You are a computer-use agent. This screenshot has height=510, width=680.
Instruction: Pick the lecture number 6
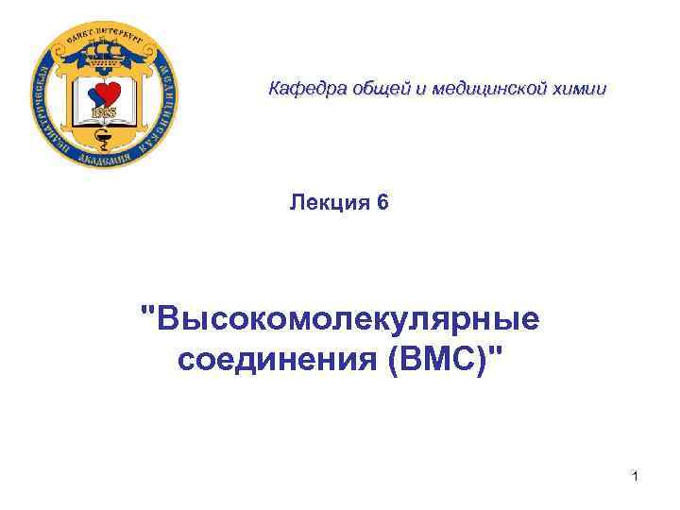(382, 202)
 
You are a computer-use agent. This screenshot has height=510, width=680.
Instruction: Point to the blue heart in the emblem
(93, 99)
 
